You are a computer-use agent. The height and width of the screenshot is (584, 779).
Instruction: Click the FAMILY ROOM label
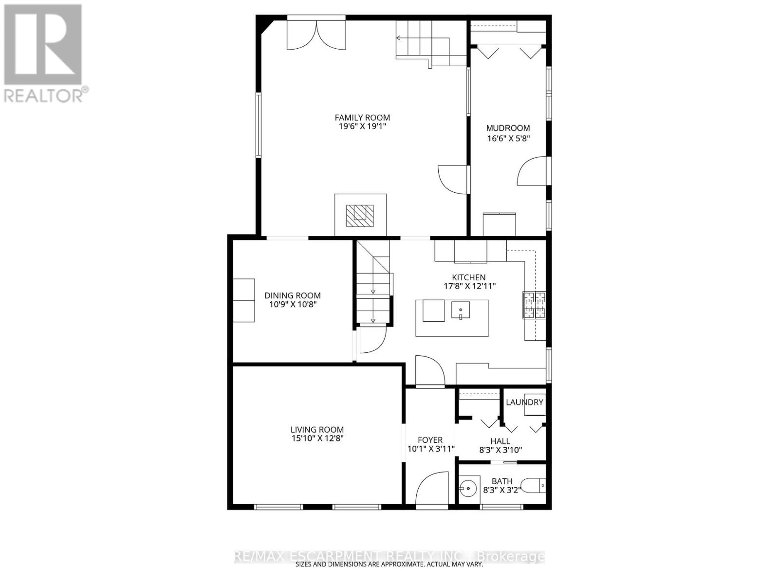(362, 117)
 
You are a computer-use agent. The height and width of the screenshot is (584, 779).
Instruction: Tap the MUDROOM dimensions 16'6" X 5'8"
(508, 138)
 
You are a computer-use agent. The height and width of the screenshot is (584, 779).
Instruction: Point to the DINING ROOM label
(293, 295)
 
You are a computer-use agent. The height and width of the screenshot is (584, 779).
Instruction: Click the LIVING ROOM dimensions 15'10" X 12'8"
(317, 438)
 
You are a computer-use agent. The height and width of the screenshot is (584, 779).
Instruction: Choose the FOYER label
(430, 440)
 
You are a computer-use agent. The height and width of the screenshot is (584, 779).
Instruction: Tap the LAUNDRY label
(524, 402)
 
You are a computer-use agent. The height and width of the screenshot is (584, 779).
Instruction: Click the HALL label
(501, 441)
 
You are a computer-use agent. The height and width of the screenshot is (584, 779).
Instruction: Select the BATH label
(501, 481)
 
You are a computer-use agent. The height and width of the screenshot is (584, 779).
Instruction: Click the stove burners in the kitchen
(534, 305)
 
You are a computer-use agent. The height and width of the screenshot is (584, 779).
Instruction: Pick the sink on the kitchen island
(460, 310)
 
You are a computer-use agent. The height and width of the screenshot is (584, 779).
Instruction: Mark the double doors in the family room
(316, 35)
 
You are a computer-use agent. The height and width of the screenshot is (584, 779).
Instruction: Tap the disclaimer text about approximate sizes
(389, 565)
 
